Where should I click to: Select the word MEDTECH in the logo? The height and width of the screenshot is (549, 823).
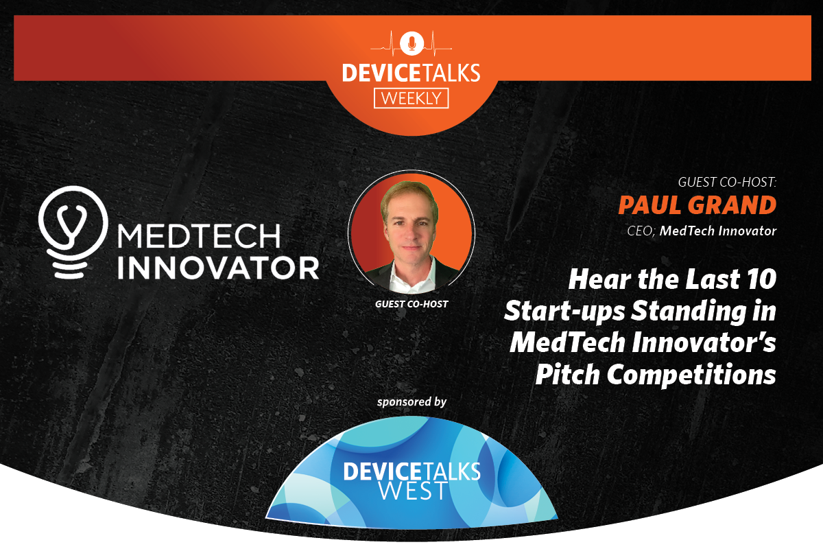(200, 235)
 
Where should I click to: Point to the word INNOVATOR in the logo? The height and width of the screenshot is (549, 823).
(218, 267)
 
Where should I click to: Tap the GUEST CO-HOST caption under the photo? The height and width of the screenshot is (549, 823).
(411, 303)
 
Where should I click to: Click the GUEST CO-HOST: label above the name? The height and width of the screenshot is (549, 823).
(726, 183)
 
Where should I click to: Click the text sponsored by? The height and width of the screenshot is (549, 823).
(411, 401)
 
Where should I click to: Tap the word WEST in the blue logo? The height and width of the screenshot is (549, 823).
(411, 490)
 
